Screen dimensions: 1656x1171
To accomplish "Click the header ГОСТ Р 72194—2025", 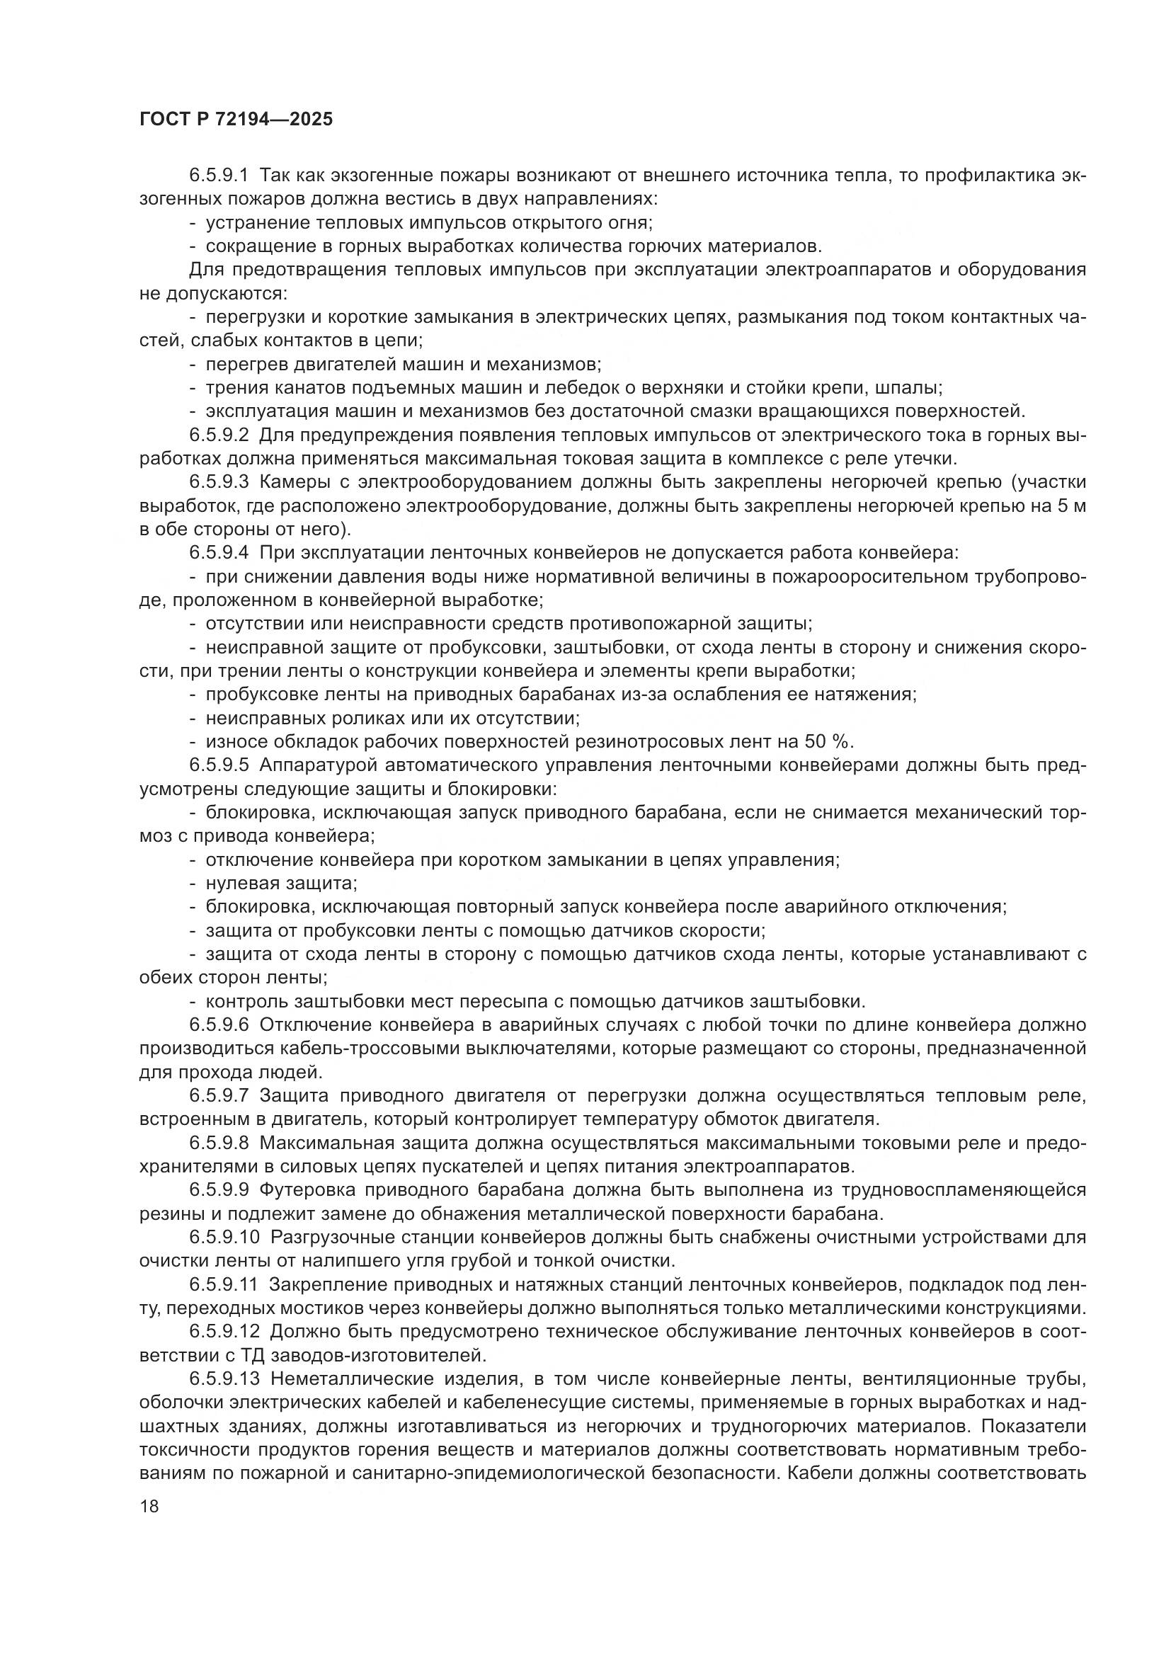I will pyautogui.click(x=236, y=120).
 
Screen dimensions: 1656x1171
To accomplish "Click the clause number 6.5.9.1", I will pyautogui.click(x=219, y=176).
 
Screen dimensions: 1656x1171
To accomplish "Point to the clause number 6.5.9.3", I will pyautogui.click(x=219, y=483).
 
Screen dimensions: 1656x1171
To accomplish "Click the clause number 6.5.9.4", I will pyautogui.click(x=219, y=553).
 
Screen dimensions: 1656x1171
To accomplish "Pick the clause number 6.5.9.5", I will pyautogui.click(x=219, y=765).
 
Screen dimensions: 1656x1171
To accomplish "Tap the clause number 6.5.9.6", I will pyautogui.click(x=219, y=1025).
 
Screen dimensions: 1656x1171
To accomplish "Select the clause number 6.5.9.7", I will pyautogui.click(x=219, y=1096).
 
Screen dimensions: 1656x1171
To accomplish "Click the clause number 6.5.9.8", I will pyautogui.click(x=219, y=1143).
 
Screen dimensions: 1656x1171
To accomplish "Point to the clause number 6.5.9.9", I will pyautogui.click(x=219, y=1190).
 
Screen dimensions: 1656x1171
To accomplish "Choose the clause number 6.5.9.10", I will pyautogui.click(x=224, y=1238).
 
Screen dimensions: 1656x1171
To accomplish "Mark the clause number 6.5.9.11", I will pyautogui.click(x=224, y=1284).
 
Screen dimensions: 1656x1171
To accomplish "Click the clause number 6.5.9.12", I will pyautogui.click(x=224, y=1332).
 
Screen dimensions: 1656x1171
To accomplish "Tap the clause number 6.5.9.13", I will pyautogui.click(x=224, y=1379).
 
